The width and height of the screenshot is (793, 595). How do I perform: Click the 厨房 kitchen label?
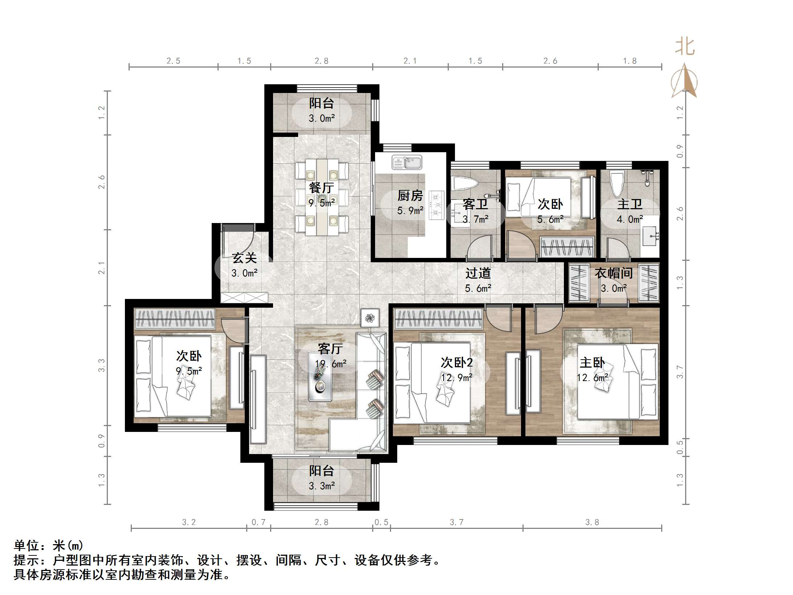(x=410, y=196)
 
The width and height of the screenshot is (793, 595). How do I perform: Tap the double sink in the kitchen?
(x=407, y=162)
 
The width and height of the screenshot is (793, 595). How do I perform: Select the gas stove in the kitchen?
(x=436, y=205)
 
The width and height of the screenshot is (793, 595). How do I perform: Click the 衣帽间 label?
(x=614, y=273)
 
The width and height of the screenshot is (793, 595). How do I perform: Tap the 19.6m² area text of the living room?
(x=330, y=364)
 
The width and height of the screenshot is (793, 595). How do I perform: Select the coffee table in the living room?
(x=320, y=376)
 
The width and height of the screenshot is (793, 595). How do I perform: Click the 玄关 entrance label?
(x=244, y=258)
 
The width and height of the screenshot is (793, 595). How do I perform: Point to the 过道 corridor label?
(x=478, y=273)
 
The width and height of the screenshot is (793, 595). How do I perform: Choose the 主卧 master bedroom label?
(x=592, y=363)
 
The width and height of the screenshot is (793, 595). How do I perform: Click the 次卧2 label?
(x=457, y=363)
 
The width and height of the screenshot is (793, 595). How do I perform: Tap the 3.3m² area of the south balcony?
(x=322, y=486)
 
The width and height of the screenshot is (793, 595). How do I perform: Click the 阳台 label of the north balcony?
(x=321, y=103)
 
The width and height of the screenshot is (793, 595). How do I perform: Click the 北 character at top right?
(x=685, y=47)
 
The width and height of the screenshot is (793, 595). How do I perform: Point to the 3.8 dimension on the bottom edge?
(x=592, y=522)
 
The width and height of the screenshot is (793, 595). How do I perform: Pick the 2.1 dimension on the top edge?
(x=410, y=61)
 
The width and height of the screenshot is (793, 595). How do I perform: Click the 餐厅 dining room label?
(x=321, y=188)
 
